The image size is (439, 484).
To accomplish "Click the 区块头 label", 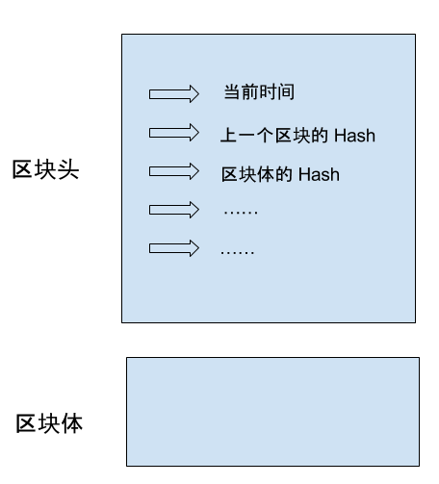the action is [45, 169].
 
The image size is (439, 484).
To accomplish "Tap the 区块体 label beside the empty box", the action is [49, 423].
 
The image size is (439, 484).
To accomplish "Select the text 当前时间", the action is [259, 92].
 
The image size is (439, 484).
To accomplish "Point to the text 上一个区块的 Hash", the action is [297, 135].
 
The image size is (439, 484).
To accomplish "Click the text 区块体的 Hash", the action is [280, 174].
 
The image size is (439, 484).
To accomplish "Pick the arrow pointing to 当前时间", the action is [174, 94].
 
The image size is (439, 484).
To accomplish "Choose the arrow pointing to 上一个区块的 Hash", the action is [174, 133].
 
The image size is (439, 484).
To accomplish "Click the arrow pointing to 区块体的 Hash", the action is [174, 171].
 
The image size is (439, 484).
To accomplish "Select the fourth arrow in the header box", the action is [174, 210].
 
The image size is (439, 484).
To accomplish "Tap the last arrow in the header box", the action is [174, 248].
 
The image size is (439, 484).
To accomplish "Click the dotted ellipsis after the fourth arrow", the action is [241, 213].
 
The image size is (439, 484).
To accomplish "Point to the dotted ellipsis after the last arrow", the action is [238, 253].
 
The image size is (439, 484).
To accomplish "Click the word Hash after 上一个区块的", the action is [354, 136].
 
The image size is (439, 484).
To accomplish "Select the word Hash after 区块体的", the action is [319, 175].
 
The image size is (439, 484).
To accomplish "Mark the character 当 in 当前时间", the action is [232, 92].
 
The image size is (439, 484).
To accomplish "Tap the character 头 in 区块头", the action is [68, 169].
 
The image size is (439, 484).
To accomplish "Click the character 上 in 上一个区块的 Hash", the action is [229, 135].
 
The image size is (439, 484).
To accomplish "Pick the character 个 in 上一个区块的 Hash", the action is [265, 135].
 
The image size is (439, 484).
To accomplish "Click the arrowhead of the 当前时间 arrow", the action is [194, 94].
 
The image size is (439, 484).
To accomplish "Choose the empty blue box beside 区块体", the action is [272, 412].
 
